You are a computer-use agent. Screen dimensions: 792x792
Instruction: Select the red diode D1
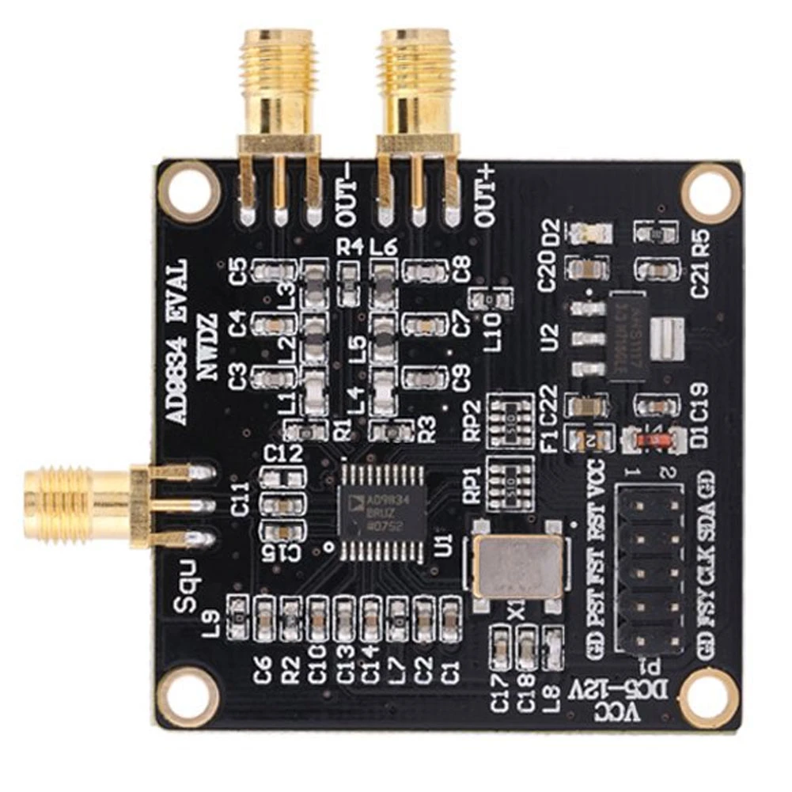click(653, 437)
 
